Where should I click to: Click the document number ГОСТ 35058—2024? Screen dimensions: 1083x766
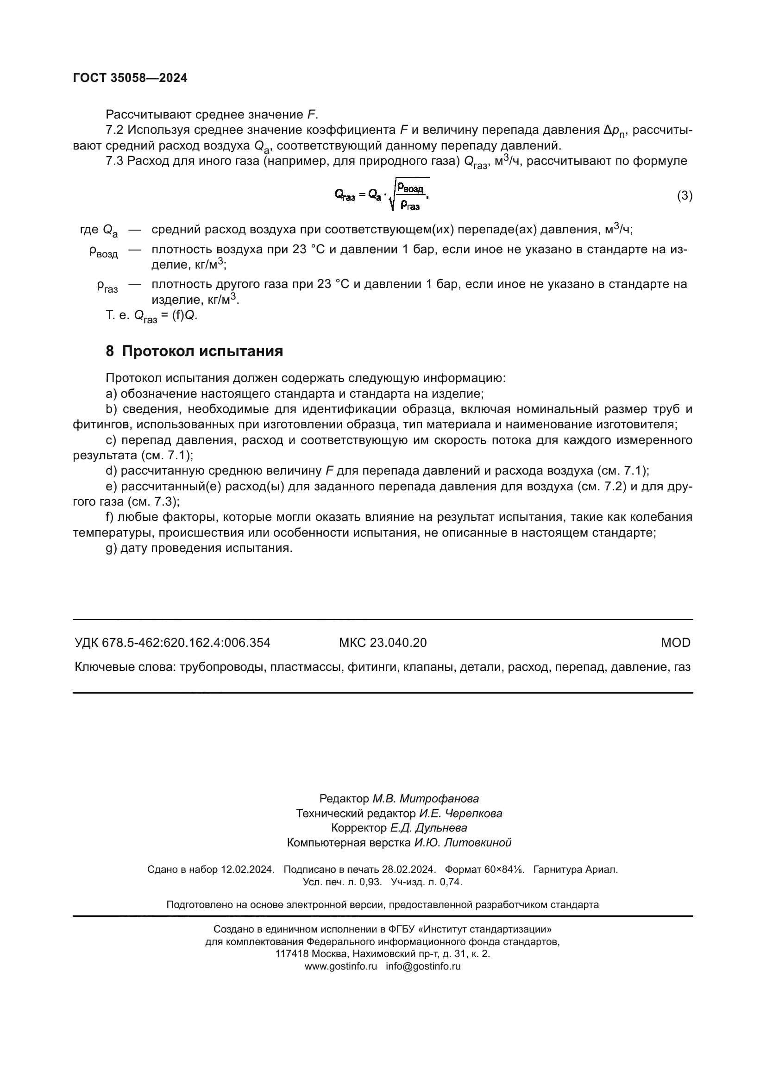click(130, 78)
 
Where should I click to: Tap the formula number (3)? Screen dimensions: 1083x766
click(684, 195)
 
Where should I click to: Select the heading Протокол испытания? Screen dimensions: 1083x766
click(202, 351)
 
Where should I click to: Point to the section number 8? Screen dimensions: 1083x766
click(110, 351)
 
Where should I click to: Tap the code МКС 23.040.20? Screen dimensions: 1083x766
click(383, 643)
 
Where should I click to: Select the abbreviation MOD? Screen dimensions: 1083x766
click(675, 643)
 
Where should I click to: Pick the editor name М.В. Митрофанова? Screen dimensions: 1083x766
click(426, 799)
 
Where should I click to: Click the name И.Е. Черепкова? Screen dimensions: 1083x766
click(461, 813)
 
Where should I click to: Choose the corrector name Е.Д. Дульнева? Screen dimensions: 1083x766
click(429, 828)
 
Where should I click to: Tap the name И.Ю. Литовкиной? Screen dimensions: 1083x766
click(463, 842)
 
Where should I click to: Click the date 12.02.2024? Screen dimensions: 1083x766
click(247, 870)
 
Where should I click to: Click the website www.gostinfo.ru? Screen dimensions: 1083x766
click(340, 966)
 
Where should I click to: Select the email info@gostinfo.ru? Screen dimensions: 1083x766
click(423, 966)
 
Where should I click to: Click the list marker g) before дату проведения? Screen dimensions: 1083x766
click(111, 548)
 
